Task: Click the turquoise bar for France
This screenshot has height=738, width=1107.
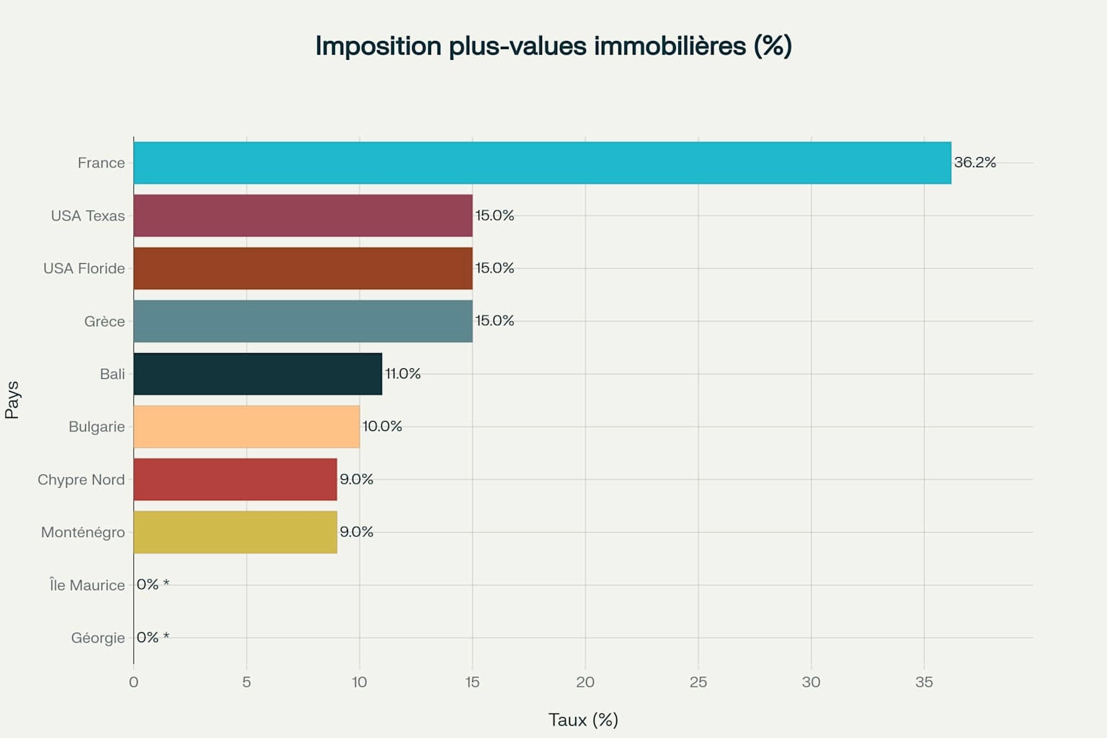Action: [542, 163]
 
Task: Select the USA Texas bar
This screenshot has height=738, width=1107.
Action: [303, 215]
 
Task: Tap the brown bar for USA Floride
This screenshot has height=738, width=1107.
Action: [303, 268]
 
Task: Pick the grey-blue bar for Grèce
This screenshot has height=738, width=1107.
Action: [303, 321]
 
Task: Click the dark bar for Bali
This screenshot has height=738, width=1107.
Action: [257, 374]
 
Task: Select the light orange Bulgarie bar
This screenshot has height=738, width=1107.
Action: [246, 427]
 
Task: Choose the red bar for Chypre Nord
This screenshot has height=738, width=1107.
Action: [235, 479]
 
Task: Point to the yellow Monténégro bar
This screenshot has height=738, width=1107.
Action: [235, 532]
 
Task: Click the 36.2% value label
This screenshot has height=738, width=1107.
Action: [974, 163]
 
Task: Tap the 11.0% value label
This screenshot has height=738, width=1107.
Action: [402, 374]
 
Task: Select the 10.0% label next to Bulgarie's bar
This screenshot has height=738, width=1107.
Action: [382, 427]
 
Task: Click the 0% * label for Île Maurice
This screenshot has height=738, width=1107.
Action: [153, 584]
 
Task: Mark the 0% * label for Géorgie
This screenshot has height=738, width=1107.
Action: [153, 638]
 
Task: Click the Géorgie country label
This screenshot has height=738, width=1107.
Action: [97, 638]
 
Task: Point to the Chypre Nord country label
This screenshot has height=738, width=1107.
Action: [81, 480]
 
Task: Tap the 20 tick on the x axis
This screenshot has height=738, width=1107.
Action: [585, 682]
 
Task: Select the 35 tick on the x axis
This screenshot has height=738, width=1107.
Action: [924, 682]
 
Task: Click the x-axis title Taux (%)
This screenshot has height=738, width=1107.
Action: [583, 720]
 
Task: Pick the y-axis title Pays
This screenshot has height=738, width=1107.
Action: [12, 400]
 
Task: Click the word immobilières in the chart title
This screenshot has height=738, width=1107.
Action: [670, 46]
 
